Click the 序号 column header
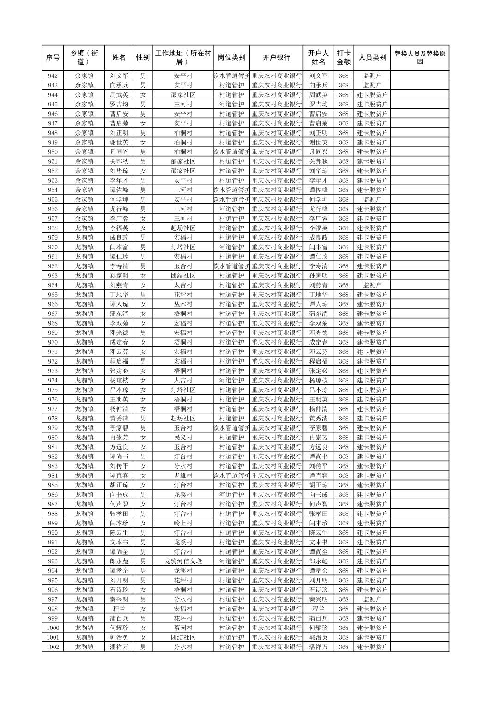53,58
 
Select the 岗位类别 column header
231,58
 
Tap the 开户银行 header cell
276,58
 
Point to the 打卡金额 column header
343,58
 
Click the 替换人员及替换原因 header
419,58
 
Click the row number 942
53,76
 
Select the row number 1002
53,647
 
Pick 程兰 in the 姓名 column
119,609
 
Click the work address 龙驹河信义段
183,561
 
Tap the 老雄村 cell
183,475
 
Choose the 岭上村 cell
183,523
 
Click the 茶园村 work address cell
183,628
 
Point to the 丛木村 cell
183,304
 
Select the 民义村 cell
183,438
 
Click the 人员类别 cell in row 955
372,200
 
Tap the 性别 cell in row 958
143,228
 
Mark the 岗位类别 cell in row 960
231,247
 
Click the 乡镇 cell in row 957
85,219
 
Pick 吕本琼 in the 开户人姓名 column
318,390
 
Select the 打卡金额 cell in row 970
343,342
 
